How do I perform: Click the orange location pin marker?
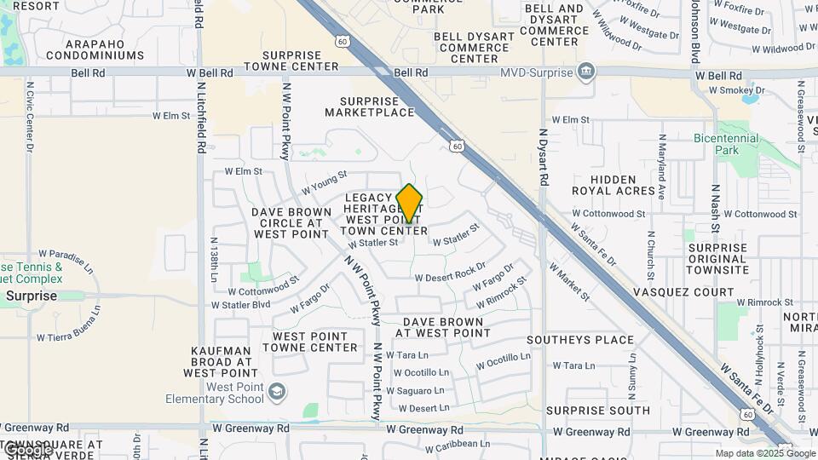click(409, 203)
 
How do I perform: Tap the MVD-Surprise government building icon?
click(586, 72)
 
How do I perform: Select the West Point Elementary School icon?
click(276, 392)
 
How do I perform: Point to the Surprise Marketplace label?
click(370, 106)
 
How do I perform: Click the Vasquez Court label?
click(683, 292)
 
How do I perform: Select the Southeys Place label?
click(580, 340)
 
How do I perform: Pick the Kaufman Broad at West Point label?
click(220, 362)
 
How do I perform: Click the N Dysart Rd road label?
click(543, 158)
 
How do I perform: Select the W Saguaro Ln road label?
click(416, 390)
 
